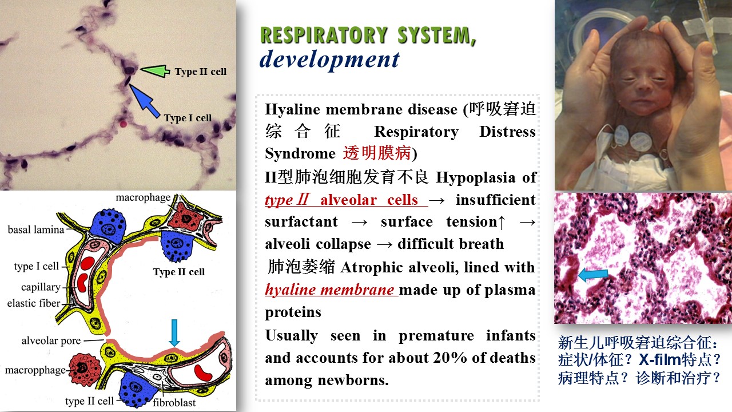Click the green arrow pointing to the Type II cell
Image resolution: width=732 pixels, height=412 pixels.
(x=155, y=70)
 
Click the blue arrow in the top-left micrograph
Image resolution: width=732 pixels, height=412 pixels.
(x=144, y=101)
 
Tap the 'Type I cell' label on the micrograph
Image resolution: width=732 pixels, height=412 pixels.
(x=188, y=118)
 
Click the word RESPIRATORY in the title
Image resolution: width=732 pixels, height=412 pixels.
(x=324, y=35)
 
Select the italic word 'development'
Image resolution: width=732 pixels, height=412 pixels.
(x=329, y=60)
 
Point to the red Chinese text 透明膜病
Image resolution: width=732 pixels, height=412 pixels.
(x=377, y=153)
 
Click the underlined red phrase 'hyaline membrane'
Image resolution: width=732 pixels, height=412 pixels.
(x=329, y=290)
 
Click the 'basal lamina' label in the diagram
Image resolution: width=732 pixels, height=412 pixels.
(x=36, y=229)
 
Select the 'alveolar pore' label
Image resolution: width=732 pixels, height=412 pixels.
(x=51, y=340)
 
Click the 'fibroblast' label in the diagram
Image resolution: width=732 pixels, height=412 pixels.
(x=174, y=402)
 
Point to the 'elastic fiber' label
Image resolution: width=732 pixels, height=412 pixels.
(x=34, y=303)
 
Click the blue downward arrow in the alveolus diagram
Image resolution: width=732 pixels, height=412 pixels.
(x=174, y=332)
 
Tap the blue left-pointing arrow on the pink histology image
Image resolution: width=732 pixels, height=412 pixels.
(x=593, y=275)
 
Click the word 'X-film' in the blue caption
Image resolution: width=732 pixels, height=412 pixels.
(x=660, y=360)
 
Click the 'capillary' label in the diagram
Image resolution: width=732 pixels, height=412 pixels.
(x=41, y=287)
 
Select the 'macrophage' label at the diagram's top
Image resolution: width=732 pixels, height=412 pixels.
(x=143, y=197)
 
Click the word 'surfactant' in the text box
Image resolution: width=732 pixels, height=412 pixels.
(x=301, y=221)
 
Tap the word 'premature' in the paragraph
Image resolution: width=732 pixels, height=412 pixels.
(x=436, y=335)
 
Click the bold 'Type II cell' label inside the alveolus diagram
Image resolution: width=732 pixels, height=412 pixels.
(x=179, y=272)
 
